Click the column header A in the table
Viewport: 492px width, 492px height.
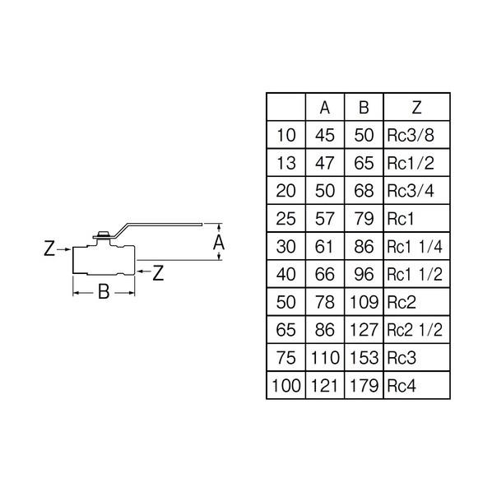click(325, 108)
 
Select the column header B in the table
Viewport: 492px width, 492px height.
click(364, 108)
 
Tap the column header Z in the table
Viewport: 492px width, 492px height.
click(416, 108)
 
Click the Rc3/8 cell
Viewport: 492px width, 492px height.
click(411, 135)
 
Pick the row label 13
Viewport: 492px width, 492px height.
click(285, 163)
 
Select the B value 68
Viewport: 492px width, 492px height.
click(364, 191)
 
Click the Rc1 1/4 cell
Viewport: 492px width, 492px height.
click(415, 247)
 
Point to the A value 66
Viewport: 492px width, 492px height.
click(325, 274)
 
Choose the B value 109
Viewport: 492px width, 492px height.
click(364, 302)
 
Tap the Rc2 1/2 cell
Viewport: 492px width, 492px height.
click(415, 330)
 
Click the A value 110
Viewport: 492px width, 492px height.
click(325, 358)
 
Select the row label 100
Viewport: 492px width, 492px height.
click(285, 385)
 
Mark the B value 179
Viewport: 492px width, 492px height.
click(364, 385)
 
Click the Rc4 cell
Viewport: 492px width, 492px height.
click(401, 385)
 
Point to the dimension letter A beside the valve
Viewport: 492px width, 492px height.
click(219, 243)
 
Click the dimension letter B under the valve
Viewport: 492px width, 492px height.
click(104, 291)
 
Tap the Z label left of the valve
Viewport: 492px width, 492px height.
click(49, 248)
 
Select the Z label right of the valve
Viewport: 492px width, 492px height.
click(158, 273)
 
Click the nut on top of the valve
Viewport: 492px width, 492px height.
click(103, 234)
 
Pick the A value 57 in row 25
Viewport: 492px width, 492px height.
click(325, 219)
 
